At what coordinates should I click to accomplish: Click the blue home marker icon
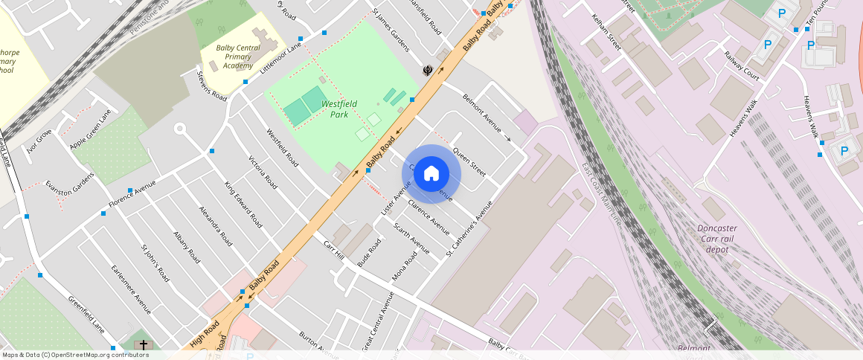(431, 174)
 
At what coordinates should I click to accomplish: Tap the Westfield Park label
(339, 109)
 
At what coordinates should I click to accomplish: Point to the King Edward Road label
(243, 204)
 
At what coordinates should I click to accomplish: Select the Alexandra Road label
(216, 225)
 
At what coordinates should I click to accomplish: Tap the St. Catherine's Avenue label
(469, 229)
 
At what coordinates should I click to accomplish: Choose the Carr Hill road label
(334, 250)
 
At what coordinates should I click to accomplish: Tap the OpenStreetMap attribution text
(74, 355)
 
